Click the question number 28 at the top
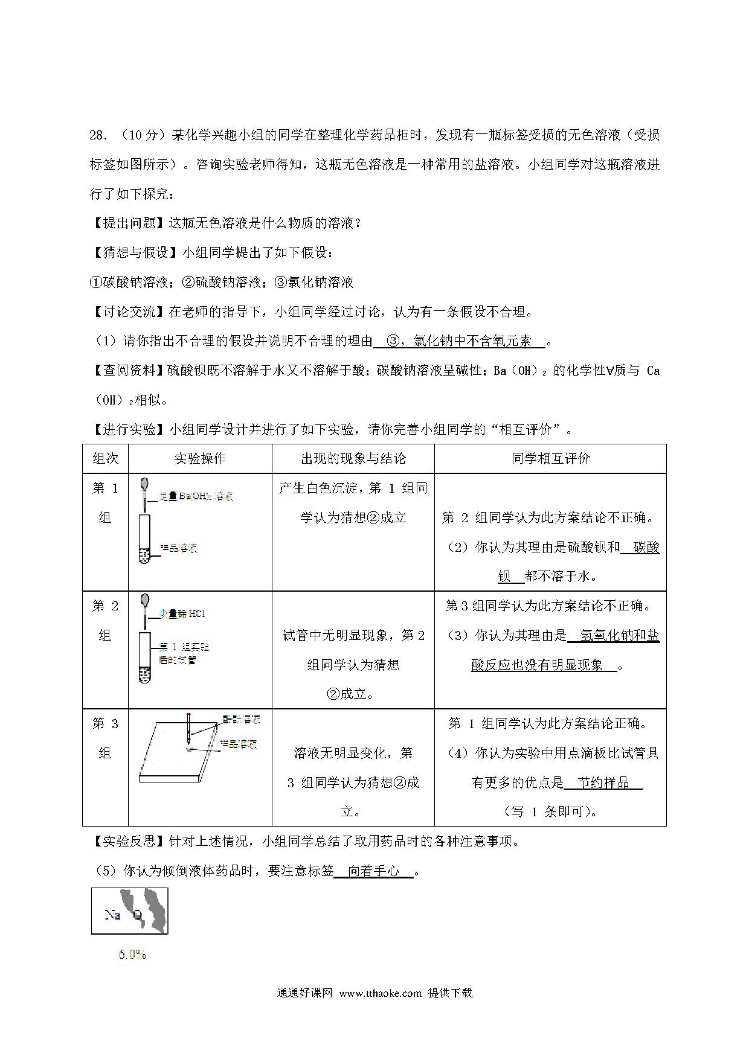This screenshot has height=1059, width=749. [97, 135]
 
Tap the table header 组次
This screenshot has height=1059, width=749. [105, 459]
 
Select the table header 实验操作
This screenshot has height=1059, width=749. [200, 459]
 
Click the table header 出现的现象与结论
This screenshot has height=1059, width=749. [353, 459]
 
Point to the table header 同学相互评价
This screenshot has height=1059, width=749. [550, 459]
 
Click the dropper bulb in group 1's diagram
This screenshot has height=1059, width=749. [144, 484]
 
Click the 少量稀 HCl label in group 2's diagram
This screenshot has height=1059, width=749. [183, 614]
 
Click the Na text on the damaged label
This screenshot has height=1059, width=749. [112, 915]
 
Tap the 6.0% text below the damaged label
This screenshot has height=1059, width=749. [132, 955]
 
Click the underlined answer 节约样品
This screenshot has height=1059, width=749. [603, 783]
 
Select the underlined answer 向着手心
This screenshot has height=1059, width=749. [374, 871]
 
